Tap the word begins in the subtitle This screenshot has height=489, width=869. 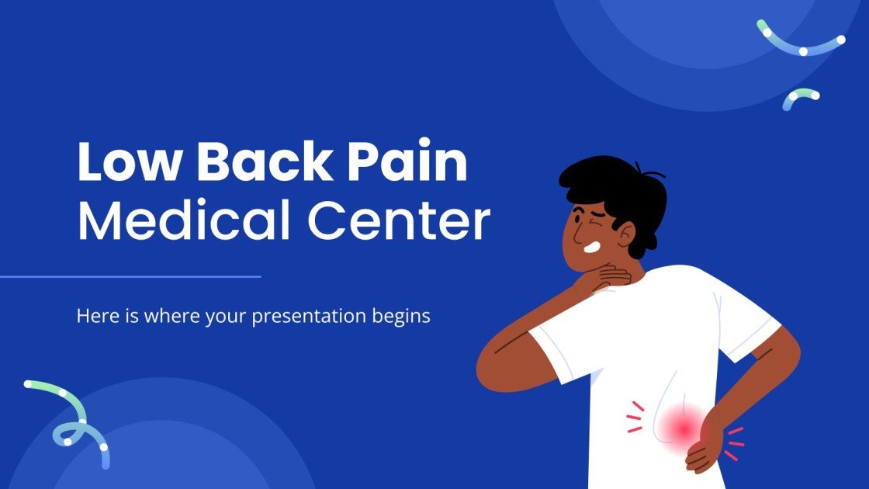(x=403, y=317)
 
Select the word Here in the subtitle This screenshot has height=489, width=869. (x=94, y=316)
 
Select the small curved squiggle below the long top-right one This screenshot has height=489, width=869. (x=799, y=97)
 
